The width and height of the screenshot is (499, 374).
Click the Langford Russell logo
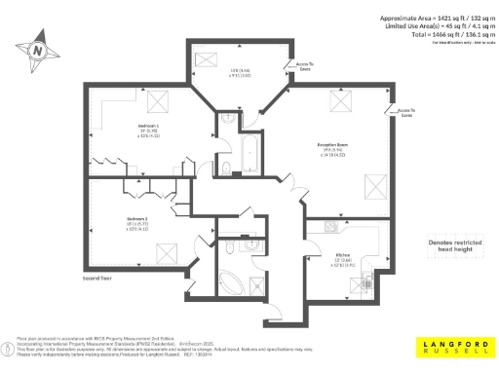(449, 346)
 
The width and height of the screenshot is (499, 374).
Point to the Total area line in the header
(434, 33)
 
